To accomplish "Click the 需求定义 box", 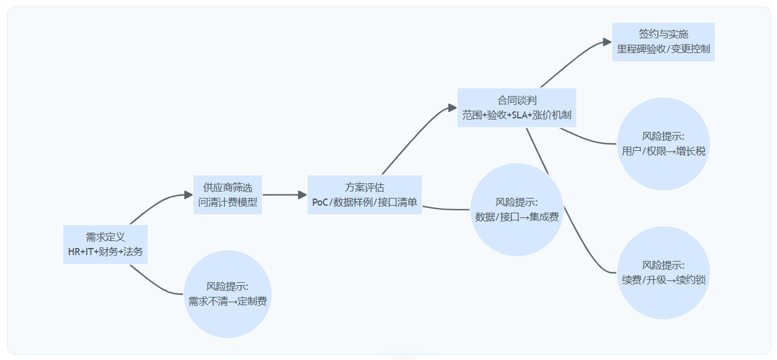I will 105,245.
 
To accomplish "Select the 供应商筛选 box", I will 227,195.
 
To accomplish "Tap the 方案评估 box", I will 365,195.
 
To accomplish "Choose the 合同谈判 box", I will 517,108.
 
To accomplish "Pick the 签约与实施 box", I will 663,42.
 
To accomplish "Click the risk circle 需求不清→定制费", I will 227,294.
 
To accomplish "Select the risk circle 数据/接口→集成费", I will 517,210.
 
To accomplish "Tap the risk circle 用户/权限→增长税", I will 663,144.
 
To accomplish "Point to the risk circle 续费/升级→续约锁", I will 663,273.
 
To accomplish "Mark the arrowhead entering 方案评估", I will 303,195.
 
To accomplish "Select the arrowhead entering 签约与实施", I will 608,42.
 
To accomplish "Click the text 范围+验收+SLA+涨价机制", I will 517,115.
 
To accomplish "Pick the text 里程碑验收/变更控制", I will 663,49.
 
